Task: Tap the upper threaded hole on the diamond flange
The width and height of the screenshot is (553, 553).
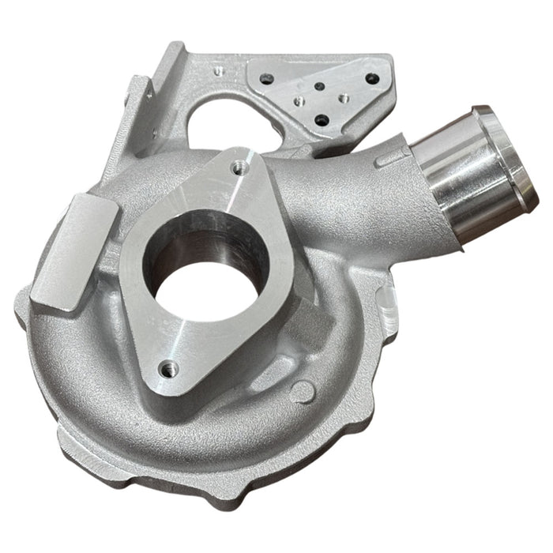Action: pyautogui.click(x=237, y=167)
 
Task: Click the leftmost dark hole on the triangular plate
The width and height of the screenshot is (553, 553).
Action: pyautogui.click(x=266, y=77)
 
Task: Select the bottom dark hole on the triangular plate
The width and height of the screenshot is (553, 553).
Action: pyautogui.click(x=322, y=120)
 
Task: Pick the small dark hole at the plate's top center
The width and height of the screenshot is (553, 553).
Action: pyautogui.click(x=318, y=87)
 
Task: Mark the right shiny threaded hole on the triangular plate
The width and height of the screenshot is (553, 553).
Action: pyautogui.click(x=344, y=100)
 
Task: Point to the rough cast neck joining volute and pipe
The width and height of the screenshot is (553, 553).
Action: pyautogui.click(x=355, y=197)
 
